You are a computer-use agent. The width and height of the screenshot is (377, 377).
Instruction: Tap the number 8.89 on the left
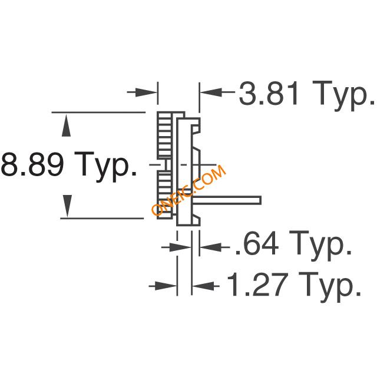pos(33,164)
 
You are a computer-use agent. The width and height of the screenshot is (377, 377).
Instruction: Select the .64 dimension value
pos(257,243)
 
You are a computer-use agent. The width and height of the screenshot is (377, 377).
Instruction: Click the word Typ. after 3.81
pos(343,95)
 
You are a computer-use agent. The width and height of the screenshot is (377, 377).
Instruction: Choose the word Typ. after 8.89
pos(105,167)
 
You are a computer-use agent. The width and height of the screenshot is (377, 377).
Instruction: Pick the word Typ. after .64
pos(320,245)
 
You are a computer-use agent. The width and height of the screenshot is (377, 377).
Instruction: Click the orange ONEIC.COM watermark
pos(188,190)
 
